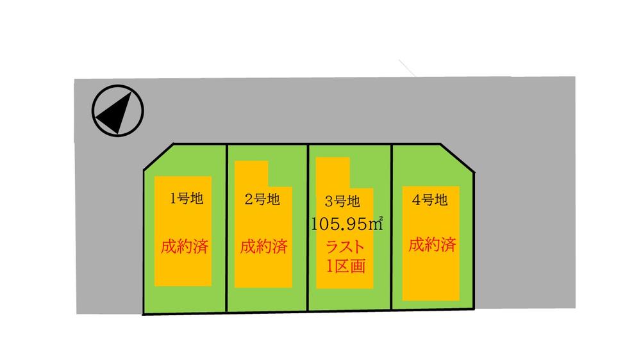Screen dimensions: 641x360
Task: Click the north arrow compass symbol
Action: pyautogui.click(x=118, y=111)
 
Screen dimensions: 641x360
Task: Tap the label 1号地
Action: pyautogui.click(x=187, y=199)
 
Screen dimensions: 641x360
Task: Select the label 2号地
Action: pyautogui.click(x=262, y=199)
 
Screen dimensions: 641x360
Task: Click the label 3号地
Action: pyautogui.click(x=342, y=201)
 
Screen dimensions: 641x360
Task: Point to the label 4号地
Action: pyautogui.click(x=429, y=200)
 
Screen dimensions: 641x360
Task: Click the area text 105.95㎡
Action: pyautogui.click(x=347, y=224)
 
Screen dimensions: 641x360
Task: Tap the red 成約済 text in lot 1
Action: pyautogui.click(x=185, y=247)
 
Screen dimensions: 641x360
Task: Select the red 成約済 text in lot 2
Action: pyautogui.click(x=263, y=247)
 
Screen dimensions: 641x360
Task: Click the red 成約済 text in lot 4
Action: pyautogui.click(x=432, y=244)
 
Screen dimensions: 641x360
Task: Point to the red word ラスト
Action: pyautogui.click(x=345, y=247)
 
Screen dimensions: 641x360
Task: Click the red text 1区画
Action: pyautogui.click(x=345, y=266)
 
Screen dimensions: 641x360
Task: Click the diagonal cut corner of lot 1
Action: pyautogui.click(x=158, y=157)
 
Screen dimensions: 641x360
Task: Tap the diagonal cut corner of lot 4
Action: pyautogui.click(x=458, y=158)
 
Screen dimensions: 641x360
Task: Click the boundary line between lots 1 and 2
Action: pyautogui.click(x=227, y=228)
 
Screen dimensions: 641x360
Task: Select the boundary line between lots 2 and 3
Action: pyautogui.click(x=308, y=227)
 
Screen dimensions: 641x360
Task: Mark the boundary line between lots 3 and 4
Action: pyautogui.click(x=391, y=227)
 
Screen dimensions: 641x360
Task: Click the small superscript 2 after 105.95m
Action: pyautogui.click(x=381, y=218)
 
